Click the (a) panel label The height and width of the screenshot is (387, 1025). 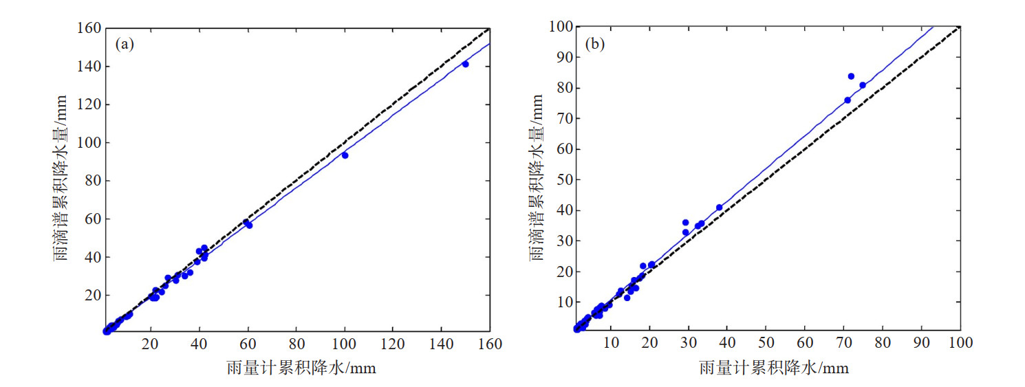tap(124, 45)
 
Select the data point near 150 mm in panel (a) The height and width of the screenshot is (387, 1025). tap(465, 64)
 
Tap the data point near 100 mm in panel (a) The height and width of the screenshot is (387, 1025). tap(345, 155)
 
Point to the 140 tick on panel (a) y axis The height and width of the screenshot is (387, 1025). tap(91, 67)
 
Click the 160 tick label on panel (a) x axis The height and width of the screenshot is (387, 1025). tap(489, 344)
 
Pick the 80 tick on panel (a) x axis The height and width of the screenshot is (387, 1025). tap(296, 344)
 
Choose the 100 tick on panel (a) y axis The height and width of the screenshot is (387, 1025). tap(91, 143)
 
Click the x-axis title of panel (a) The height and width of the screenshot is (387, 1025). tap(301, 368)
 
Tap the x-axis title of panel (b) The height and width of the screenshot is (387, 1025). tap(773, 368)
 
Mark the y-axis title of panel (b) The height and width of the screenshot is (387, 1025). tap(535, 178)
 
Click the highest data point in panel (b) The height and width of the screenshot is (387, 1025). tap(851, 76)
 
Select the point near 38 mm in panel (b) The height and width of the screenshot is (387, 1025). tap(720, 208)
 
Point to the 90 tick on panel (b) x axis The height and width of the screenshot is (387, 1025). tap(921, 344)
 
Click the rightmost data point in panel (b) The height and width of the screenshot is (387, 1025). tap(863, 85)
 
